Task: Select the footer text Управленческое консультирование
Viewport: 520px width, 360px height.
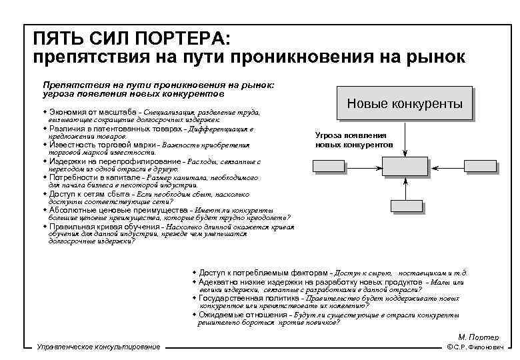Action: click(x=99, y=347)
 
